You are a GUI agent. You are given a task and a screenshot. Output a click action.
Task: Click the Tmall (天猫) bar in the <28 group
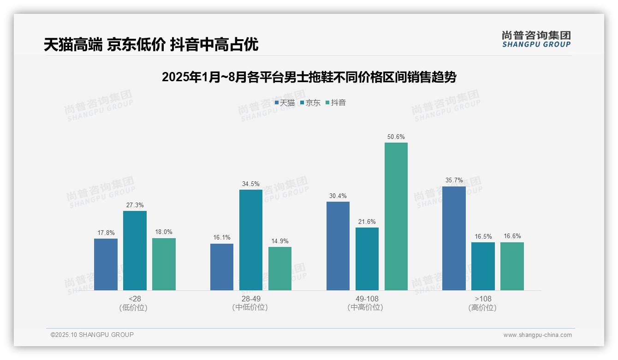[106, 264]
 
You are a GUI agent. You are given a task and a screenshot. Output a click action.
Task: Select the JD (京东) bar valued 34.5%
[251, 240]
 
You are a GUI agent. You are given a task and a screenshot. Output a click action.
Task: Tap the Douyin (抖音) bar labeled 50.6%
[396, 216]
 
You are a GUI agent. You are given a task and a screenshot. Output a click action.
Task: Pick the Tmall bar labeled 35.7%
[454, 238]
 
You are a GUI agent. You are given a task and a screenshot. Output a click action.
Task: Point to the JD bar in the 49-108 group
[367, 259]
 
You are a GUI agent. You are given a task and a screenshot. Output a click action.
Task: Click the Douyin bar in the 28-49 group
[280, 269]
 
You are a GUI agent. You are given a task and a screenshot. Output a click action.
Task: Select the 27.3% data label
[135, 205]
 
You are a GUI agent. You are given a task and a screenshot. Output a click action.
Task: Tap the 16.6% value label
[512, 236]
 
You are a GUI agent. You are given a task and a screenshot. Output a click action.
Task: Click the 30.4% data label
[338, 196]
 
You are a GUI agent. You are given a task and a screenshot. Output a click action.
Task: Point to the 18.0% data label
[164, 232]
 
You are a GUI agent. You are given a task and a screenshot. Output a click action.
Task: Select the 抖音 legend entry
[336, 103]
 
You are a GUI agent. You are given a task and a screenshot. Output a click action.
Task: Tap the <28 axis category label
[135, 299]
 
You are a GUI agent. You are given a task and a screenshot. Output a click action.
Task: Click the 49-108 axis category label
[367, 299]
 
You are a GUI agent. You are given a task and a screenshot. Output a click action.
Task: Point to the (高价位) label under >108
[483, 308]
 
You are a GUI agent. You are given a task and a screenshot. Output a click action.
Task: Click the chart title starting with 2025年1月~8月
[309, 77]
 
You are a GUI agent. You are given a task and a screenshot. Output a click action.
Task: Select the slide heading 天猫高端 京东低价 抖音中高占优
[151, 45]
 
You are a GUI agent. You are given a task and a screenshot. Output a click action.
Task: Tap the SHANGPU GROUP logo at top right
[536, 39]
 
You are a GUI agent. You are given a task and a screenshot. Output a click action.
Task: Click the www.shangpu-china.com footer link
[537, 335]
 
